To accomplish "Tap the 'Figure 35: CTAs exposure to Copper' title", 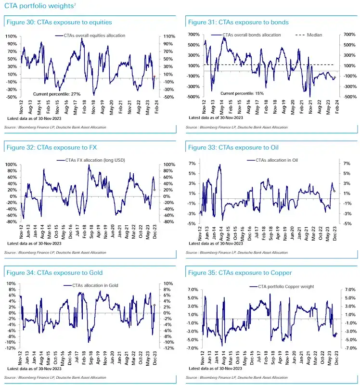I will [240, 273].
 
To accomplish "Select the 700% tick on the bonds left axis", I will [193, 35].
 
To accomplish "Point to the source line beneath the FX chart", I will [55, 252].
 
